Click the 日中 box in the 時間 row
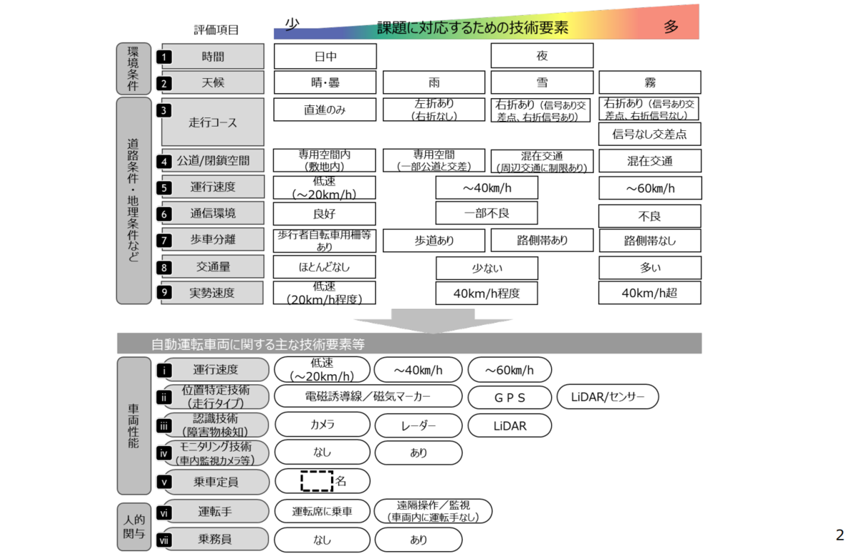click(325, 56)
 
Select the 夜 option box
click(542, 56)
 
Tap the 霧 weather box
click(649, 82)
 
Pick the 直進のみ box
click(325, 109)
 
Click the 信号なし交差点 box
click(649, 134)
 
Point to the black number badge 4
click(164, 161)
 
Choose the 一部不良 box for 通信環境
click(487, 213)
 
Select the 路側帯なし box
click(649, 240)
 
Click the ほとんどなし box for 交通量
click(325, 267)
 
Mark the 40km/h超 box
click(649, 293)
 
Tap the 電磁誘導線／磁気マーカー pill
click(368, 396)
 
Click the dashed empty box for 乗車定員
click(317, 481)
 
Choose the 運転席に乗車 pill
click(322, 511)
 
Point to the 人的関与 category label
click(134, 526)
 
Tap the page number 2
click(840, 535)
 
